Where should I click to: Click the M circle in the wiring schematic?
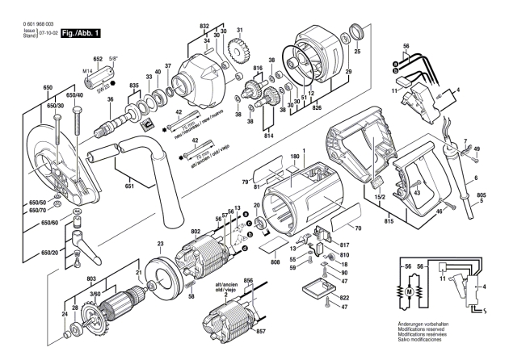[409, 289]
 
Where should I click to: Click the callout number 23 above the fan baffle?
[160, 244]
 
